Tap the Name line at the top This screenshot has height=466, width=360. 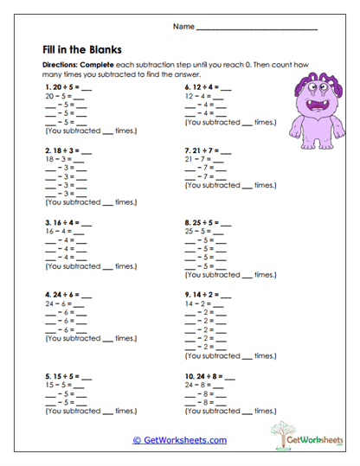click(x=256, y=29)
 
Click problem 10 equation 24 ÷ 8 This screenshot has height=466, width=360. click(x=206, y=377)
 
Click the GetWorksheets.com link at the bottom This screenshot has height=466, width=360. click(x=179, y=440)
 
